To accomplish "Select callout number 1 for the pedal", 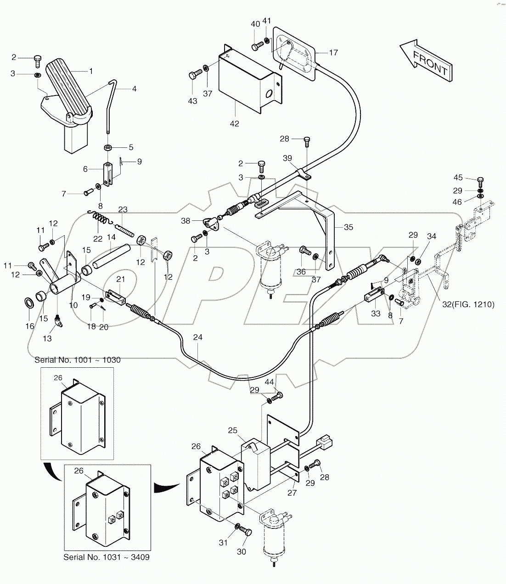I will [91, 71].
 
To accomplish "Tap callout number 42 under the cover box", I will [235, 124].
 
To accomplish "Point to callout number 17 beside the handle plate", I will [333, 53].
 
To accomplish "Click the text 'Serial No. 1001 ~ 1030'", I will [78, 360].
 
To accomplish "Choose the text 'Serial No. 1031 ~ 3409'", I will [107, 557].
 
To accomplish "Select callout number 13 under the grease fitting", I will [47, 338].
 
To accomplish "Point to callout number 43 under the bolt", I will [193, 101].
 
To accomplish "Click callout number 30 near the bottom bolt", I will [242, 552].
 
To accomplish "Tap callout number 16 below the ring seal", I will [30, 326].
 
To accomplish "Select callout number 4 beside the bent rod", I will [134, 89].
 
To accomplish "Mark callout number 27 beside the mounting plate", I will [292, 493].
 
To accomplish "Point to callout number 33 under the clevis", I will [376, 314].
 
